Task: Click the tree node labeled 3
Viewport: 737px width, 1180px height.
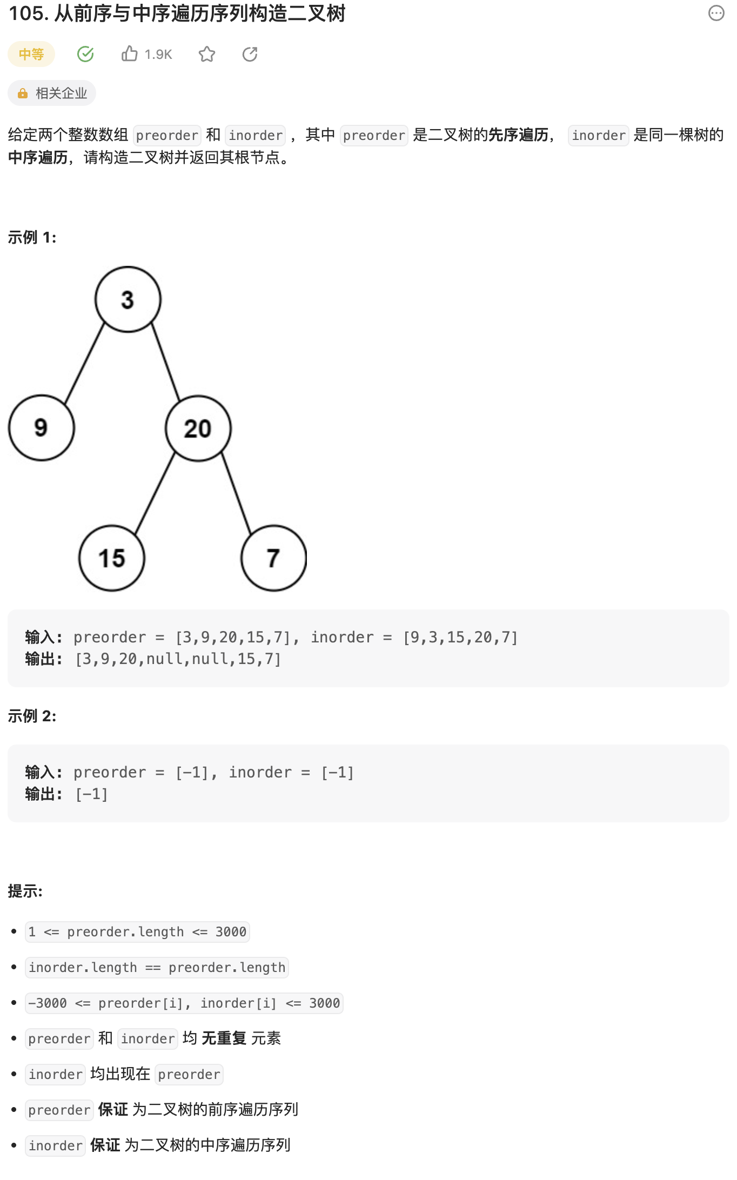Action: coord(128,299)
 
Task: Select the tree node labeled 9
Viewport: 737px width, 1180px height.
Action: coord(42,428)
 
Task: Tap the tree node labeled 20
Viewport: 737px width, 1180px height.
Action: coord(198,428)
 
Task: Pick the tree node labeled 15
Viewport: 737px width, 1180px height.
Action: coord(112,558)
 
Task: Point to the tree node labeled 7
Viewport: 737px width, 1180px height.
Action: coord(273,558)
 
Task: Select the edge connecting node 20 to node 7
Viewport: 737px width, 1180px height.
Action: coord(236,493)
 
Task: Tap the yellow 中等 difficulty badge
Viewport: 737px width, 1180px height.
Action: coord(31,54)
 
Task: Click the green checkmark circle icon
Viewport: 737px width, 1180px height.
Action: coord(85,54)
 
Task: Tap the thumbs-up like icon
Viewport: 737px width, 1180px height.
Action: coord(130,54)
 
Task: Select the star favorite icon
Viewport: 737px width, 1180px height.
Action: coord(207,54)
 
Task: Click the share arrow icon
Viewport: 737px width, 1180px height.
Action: coord(250,54)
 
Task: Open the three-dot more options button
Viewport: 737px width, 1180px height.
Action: coord(716,14)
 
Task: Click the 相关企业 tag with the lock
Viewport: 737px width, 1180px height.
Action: coord(52,93)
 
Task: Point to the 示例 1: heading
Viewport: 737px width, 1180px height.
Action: coord(32,237)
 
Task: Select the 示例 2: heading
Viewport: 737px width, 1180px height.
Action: coord(32,716)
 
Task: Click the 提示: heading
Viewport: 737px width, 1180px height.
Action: coord(25,891)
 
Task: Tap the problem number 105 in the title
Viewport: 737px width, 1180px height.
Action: coord(26,14)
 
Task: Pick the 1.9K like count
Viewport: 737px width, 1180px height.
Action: coord(158,55)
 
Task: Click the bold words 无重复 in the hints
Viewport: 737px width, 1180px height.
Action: coord(224,1038)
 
